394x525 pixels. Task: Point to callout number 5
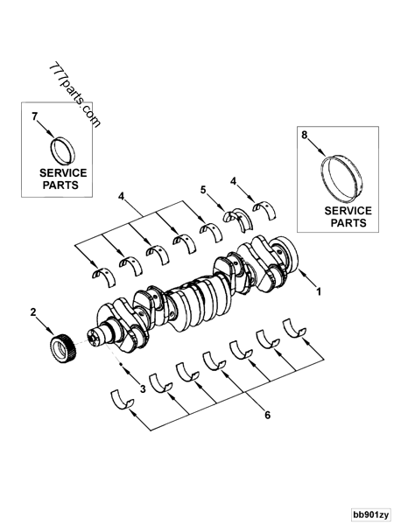click(203, 189)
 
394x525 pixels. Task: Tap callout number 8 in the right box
click(305, 136)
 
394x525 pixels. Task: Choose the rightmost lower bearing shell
click(292, 327)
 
